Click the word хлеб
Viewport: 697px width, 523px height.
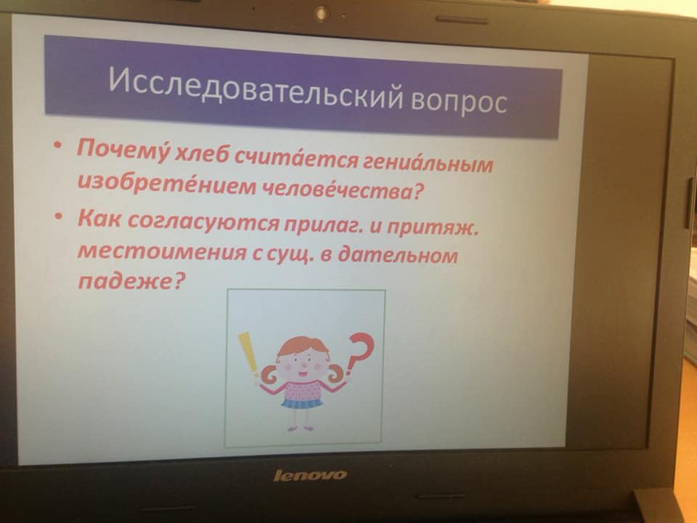203,154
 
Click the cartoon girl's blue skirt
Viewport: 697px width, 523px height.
303,403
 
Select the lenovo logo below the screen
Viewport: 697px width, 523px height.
310,475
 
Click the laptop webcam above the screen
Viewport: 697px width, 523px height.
320,13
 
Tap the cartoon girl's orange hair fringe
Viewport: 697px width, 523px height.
303,344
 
